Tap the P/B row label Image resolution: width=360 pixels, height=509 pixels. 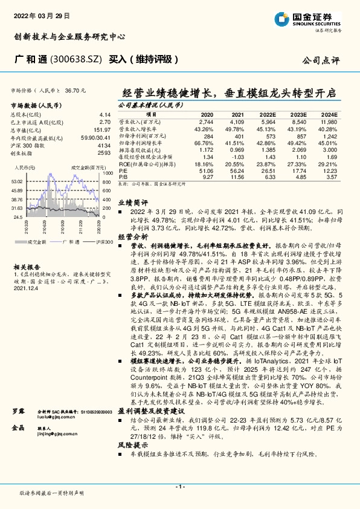click(123, 177)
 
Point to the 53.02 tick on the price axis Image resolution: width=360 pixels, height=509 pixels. click(17, 181)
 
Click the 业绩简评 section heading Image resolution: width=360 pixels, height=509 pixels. click(131, 221)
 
